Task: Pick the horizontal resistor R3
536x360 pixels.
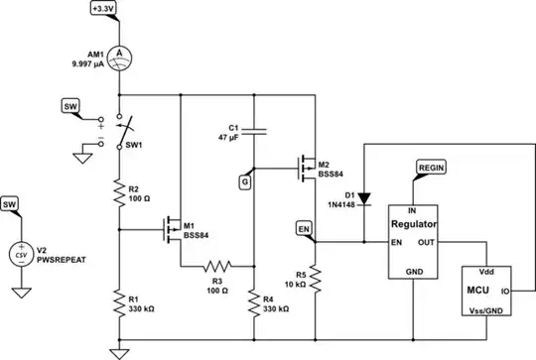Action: point(216,266)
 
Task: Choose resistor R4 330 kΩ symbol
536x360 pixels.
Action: point(255,300)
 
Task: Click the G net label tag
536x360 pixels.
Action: point(244,181)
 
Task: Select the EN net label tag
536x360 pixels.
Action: point(305,229)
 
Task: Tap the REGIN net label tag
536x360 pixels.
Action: point(432,170)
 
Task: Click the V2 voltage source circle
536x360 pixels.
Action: point(19,253)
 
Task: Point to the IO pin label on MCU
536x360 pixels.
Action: point(506,292)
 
